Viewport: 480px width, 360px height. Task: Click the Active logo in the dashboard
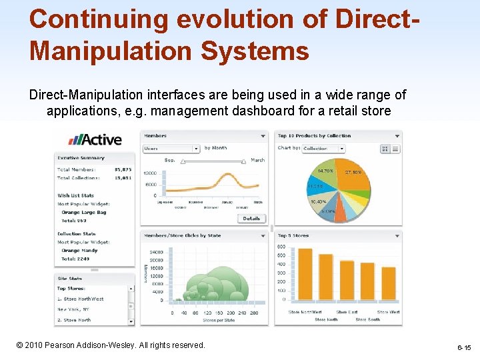click(x=95, y=139)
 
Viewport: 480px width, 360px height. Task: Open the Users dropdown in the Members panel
click(x=171, y=149)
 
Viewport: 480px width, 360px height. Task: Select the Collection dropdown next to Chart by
click(x=323, y=149)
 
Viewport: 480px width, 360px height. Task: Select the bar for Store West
click(x=388, y=281)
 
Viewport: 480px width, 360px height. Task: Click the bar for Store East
click(x=347, y=284)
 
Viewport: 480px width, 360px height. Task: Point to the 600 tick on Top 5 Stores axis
click(x=281, y=247)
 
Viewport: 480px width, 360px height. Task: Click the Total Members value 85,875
click(x=123, y=170)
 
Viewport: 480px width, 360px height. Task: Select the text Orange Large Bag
click(x=84, y=213)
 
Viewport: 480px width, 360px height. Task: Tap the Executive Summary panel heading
click(x=81, y=158)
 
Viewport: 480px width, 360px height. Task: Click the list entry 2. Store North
click(x=74, y=320)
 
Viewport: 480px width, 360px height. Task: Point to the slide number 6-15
click(x=464, y=348)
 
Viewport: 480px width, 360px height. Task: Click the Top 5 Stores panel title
click(x=293, y=235)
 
